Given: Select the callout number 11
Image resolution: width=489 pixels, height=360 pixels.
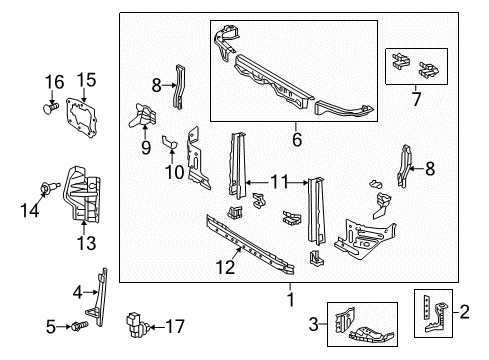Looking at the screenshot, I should point(281,181).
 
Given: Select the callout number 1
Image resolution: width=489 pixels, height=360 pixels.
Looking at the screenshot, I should point(291,298).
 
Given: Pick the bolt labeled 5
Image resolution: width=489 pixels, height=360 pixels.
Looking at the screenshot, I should point(79,325).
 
